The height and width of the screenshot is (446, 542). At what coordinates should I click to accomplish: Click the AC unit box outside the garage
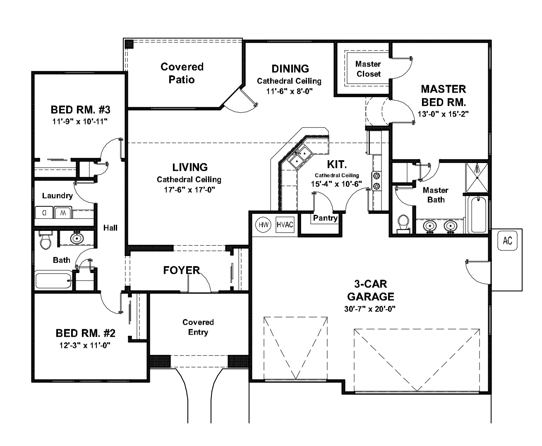(508, 240)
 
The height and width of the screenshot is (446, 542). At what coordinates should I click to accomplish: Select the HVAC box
(285, 225)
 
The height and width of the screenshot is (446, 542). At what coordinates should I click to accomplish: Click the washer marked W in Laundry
(62, 213)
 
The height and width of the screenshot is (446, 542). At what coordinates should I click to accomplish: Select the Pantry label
(325, 218)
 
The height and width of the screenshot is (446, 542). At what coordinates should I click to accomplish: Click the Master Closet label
(368, 69)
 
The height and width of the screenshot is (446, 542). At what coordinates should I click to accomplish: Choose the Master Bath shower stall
(477, 177)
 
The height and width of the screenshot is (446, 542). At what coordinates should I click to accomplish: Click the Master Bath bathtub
(478, 215)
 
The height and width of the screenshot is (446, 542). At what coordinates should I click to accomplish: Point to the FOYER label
(181, 271)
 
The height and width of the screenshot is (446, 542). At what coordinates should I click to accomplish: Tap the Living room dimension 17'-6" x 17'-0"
(189, 190)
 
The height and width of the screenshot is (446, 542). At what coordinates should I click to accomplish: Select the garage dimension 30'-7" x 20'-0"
(370, 309)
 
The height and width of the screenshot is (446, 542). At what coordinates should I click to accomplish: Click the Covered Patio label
(182, 73)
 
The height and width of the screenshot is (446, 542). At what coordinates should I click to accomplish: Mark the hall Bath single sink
(77, 238)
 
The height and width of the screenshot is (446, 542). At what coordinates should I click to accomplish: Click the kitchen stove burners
(377, 181)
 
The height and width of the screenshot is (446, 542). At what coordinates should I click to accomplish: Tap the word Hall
(110, 228)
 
